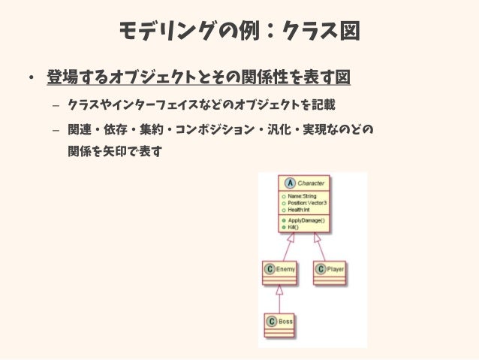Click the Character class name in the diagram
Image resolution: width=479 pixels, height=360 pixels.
(x=311, y=183)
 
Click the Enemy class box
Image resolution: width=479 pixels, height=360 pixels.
(x=279, y=271)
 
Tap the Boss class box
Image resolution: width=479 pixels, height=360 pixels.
(x=279, y=323)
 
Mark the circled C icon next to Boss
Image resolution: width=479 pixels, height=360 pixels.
(x=270, y=321)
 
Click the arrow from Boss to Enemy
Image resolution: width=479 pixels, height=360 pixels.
(x=279, y=298)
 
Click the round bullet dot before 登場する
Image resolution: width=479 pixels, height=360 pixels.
(x=32, y=78)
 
